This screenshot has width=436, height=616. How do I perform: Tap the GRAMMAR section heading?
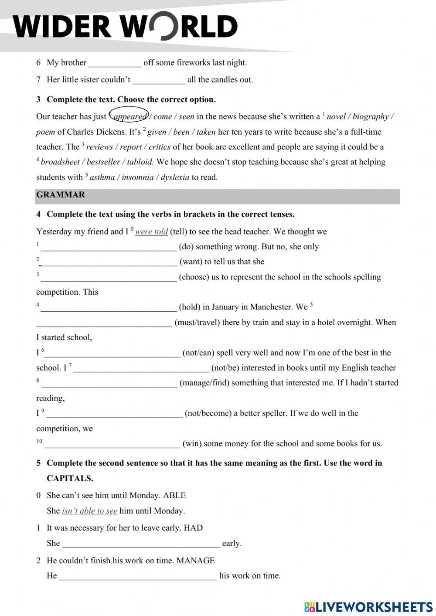pyautogui.click(x=61, y=195)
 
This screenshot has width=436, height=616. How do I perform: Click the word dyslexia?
pyautogui.click(x=175, y=177)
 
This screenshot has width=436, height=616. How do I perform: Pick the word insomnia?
pyautogui.click(x=138, y=177)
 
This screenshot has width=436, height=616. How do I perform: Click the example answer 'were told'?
pyautogui.click(x=151, y=232)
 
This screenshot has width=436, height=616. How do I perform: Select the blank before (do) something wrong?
pyautogui.click(x=109, y=247)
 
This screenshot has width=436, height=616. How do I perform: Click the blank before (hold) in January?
pyautogui.click(x=109, y=308)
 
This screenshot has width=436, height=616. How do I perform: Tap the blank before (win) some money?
pyautogui.click(x=112, y=444)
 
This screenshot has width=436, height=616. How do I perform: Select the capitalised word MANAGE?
pyautogui.click(x=195, y=561)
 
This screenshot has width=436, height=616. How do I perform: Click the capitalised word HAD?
pyautogui.click(x=193, y=528)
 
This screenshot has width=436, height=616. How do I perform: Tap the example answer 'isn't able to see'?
pyautogui.click(x=89, y=511)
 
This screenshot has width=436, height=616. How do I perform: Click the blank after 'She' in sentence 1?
pyautogui.click(x=141, y=544)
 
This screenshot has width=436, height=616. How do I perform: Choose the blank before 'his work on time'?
pyautogui.click(x=138, y=576)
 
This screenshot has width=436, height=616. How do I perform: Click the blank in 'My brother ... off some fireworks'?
pyautogui.click(x=115, y=63)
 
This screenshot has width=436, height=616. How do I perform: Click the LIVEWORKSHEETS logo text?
pyautogui.click(x=373, y=607)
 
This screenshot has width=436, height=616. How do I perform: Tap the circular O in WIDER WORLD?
pyautogui.click(x=162, y=26)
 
